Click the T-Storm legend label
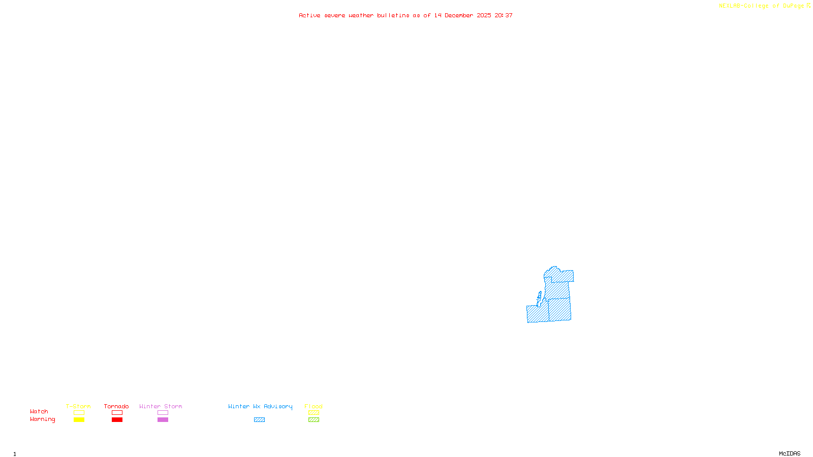point(78,406)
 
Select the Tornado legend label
point(116,406)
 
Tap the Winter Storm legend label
point(161,406)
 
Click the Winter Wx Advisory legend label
point(260,406)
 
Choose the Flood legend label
point(314,406)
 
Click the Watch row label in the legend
point(39,411)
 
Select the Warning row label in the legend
point(42,419)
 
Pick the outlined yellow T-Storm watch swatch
point(79,413)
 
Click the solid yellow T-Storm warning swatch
point(79,420)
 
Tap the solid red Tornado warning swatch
point(117,420)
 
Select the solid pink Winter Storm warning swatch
point(163,420)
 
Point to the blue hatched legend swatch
point(259,420)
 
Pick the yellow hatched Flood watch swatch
point(314,413)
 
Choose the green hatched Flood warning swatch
point(314,420)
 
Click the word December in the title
point(459,15)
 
